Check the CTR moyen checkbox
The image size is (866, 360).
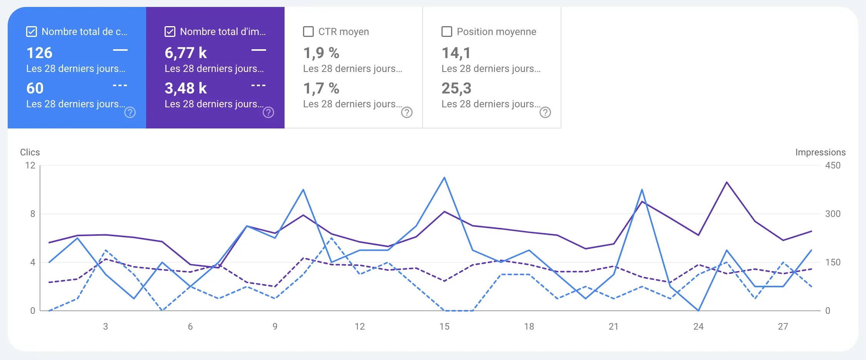pos(308,32)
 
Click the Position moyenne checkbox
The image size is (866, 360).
pos(447,32)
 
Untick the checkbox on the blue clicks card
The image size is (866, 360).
pos(32,32)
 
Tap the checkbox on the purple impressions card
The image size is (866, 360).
pos(170,32)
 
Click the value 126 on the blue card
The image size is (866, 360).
pos(39,53)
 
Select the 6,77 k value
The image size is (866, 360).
pos(186,53)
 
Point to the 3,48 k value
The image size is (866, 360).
pos(186,88)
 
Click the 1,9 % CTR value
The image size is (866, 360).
pos(321,53)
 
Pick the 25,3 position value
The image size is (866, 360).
pos(456,88)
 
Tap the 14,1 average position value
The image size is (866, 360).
pos(456,53)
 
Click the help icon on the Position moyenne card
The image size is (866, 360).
pos(545,112)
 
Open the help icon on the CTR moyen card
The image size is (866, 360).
pos(407,112)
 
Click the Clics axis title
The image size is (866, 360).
pos(30,152)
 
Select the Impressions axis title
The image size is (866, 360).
pos(820,152)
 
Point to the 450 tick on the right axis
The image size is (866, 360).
pos(833,165)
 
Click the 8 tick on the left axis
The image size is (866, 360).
pos(33,214)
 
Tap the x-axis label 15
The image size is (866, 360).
pos(444,327)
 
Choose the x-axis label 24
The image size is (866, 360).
pos(698,327)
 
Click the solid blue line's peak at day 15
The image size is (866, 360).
pos(444,178)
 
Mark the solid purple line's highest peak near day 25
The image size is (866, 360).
pos(726,182)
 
